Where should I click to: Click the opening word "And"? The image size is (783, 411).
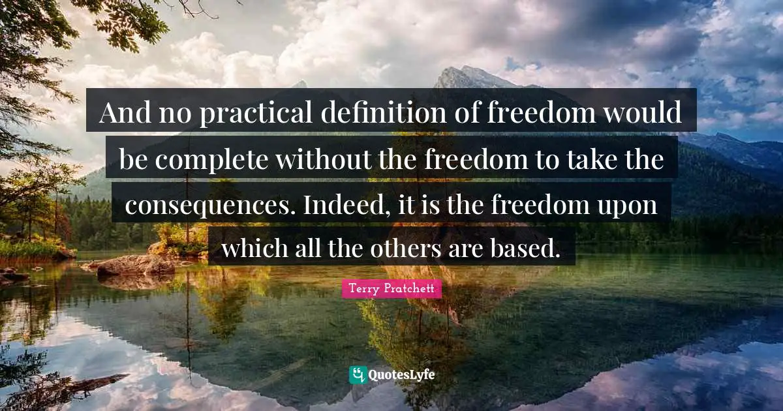124,114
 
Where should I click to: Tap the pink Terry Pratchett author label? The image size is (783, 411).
391,288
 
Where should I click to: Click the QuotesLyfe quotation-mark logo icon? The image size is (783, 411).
358,375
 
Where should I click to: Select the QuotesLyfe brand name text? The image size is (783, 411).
402,375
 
